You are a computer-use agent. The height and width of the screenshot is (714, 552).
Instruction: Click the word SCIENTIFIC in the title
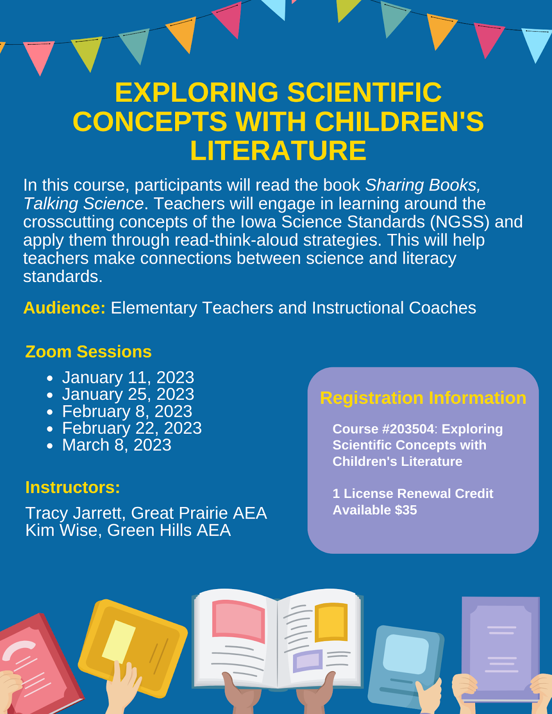(x=364, y=92)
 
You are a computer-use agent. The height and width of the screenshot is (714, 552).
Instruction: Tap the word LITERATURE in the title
(x=278, y=150)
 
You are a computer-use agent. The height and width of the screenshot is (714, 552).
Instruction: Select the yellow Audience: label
(x=64, y=308)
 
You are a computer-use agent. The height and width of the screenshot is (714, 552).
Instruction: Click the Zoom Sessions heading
(x=88, y=352)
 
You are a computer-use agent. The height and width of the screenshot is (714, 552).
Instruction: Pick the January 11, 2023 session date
(x=128, y=378)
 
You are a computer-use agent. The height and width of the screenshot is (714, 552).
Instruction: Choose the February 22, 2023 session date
(x=132, y=428)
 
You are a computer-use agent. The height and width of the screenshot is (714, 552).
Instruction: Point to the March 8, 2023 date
(x=117, y=445)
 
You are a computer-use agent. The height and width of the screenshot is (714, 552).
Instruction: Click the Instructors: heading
(x=73, y=487)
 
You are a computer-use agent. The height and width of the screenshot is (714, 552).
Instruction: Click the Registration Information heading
(x=423, y=398)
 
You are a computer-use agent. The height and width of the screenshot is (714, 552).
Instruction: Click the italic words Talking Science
(x=84, y=203)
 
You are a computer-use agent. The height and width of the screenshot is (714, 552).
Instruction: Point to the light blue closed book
(x=404, y=665)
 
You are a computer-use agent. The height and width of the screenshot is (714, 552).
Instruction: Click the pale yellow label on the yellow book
(x=118, y=640)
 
